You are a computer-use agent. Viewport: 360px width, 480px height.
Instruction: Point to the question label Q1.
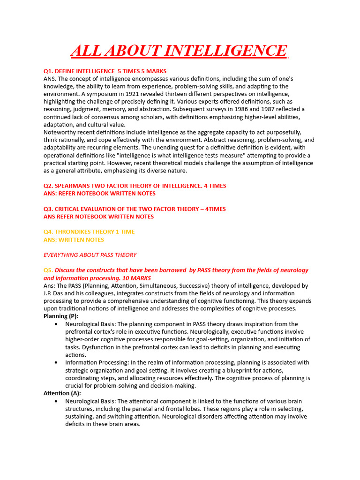[x=49, y=71]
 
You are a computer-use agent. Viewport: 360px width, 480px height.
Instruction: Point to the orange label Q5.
[x=48, y=270]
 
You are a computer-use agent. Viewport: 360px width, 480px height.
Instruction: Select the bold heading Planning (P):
[x=61, y=316]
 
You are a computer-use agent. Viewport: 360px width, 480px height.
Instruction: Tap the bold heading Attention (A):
[x=62, y=393]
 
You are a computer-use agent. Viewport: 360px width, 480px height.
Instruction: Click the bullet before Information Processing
[x=56, y=363]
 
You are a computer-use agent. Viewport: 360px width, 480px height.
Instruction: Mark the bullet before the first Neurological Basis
[x=56, y=324]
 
